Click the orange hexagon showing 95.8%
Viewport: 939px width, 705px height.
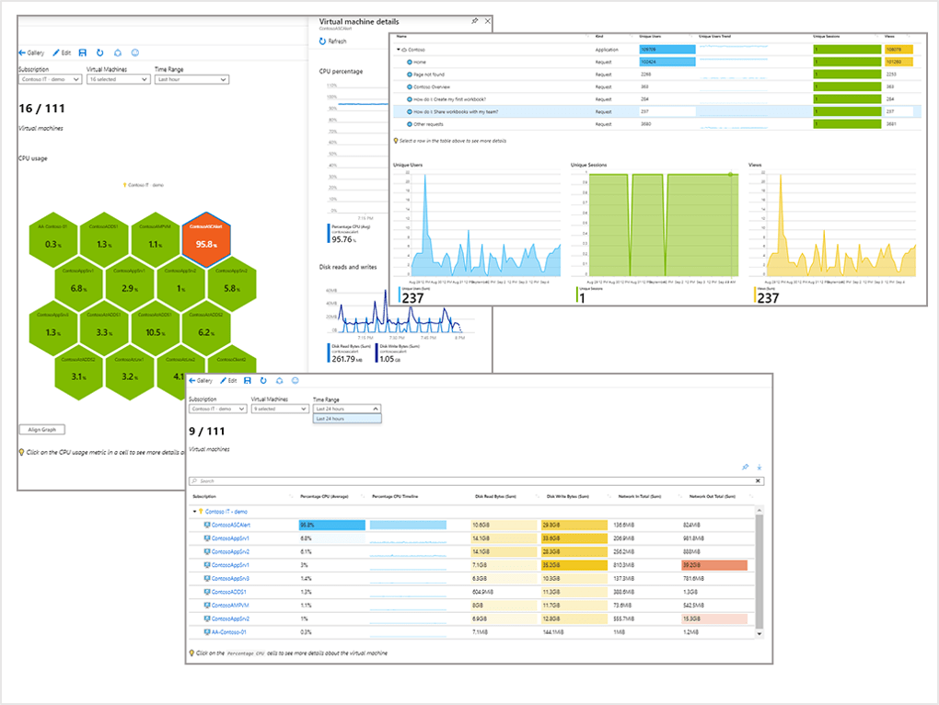(206, 239)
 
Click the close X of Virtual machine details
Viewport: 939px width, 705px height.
(486, 20)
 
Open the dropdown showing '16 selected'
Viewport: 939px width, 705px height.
(118, 80)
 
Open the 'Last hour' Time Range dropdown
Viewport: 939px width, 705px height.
(191, 80)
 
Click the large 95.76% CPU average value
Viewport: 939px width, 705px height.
(342, 239)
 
